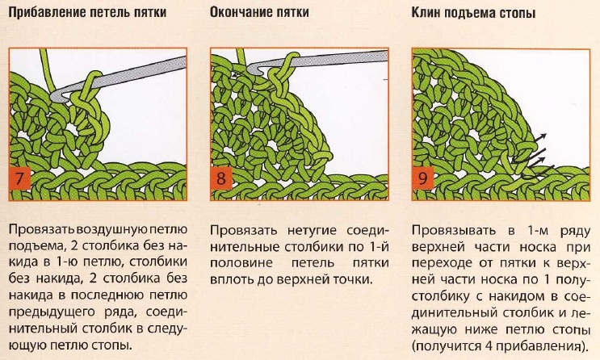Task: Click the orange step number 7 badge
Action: click(x=19, y=178)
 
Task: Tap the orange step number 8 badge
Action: click(x=221, y=178)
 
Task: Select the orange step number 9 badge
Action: click(x=423, y=178)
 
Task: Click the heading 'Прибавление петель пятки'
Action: click(x=87, y=12)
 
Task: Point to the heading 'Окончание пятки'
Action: click(x=259, y=12)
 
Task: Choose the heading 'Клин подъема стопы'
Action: click(x=473, y=13)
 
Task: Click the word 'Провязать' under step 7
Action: click(x=42, y=229)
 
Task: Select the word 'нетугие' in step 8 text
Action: click(x=312, y=231)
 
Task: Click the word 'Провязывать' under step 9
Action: click(x=454, y=231)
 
